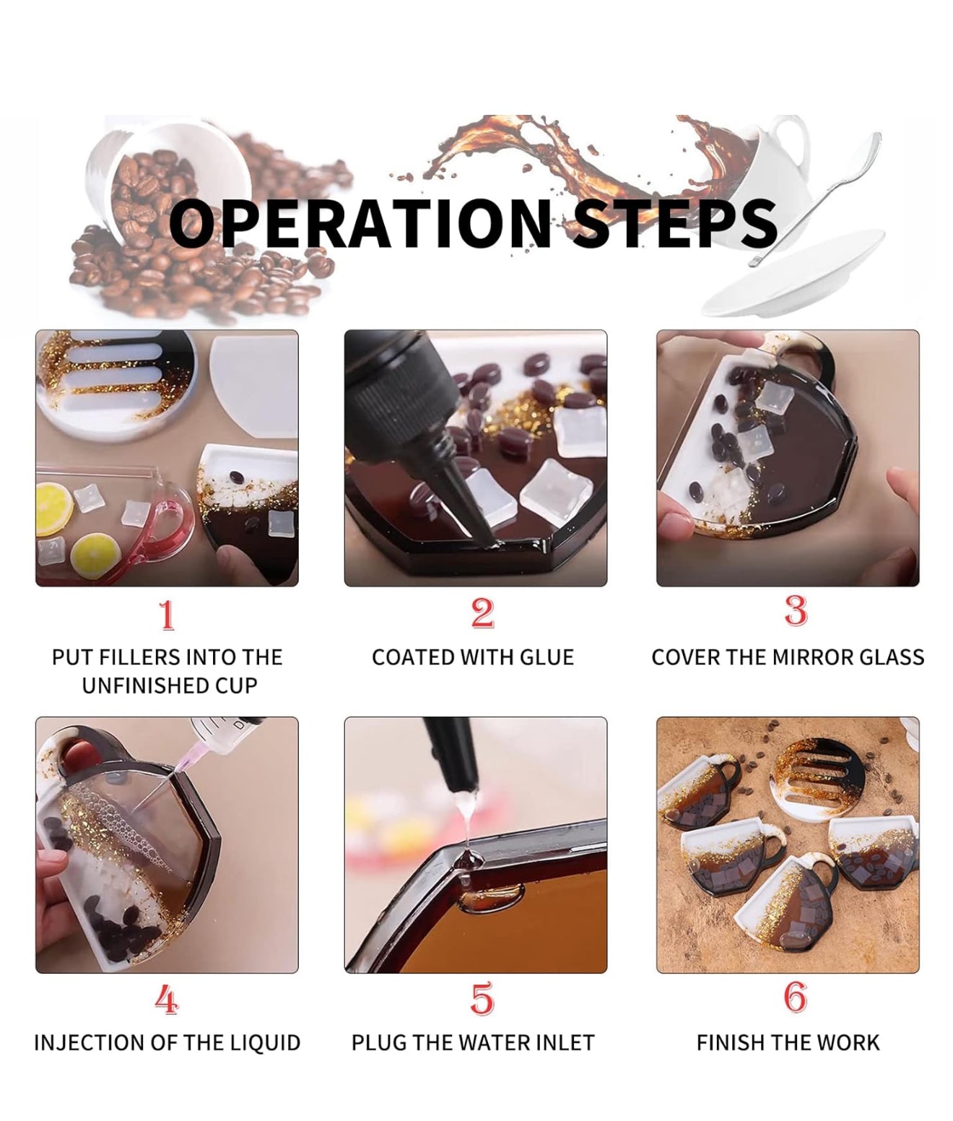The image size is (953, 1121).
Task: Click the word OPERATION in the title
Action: [360, 223]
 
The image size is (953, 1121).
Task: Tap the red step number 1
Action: [167, 615]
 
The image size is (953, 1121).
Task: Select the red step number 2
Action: [482, 613]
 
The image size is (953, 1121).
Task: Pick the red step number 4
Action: [167, 999]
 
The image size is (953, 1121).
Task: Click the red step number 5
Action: [482, 998]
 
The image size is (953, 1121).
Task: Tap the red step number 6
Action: [796, 997]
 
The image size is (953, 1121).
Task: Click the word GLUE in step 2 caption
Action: [547, 657]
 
